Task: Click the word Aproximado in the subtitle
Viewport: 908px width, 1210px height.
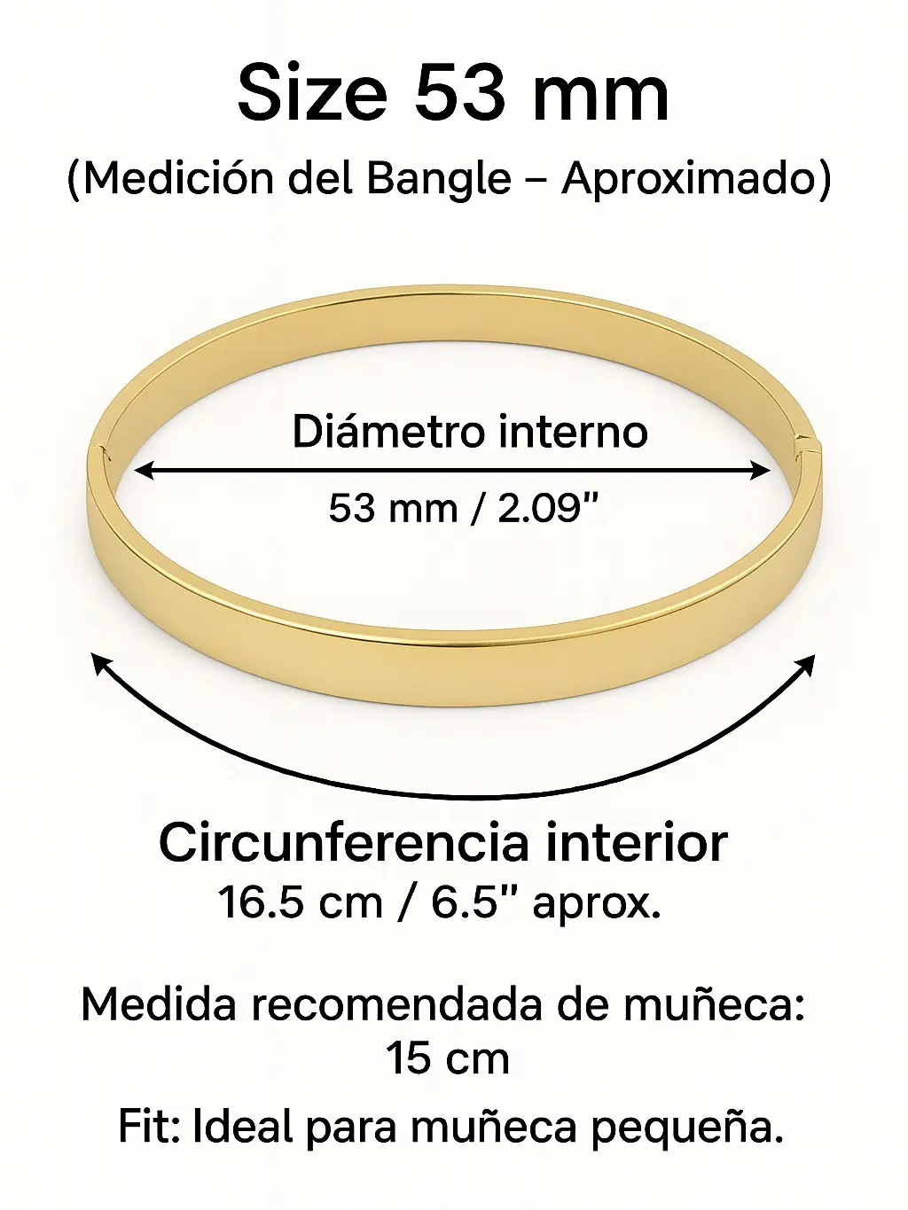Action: pyautogui.click(x=697, y=180)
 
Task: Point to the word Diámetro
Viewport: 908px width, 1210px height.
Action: pyautogui.click(x=387, y=432)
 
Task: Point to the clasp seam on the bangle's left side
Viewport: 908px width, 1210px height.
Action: pyautogui.click(x=99, y=456)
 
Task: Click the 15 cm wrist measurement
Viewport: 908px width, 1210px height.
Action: pyautogui.click(x=448, y=1058)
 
